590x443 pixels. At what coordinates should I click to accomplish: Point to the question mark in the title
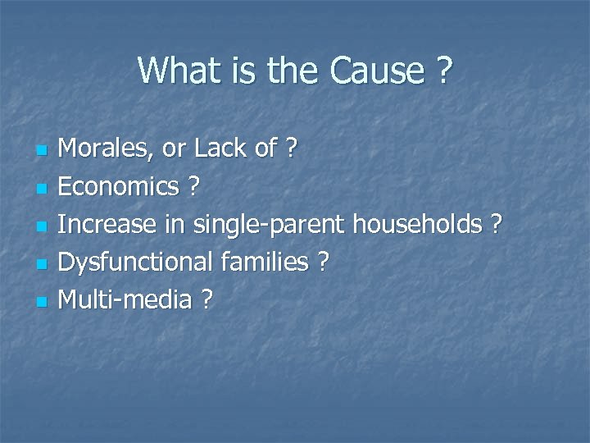pos(443,71)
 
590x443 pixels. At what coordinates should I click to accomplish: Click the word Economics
pos(120,187)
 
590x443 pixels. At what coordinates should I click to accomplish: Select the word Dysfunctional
pos(137,263)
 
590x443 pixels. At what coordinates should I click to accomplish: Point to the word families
pos(264,263)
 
